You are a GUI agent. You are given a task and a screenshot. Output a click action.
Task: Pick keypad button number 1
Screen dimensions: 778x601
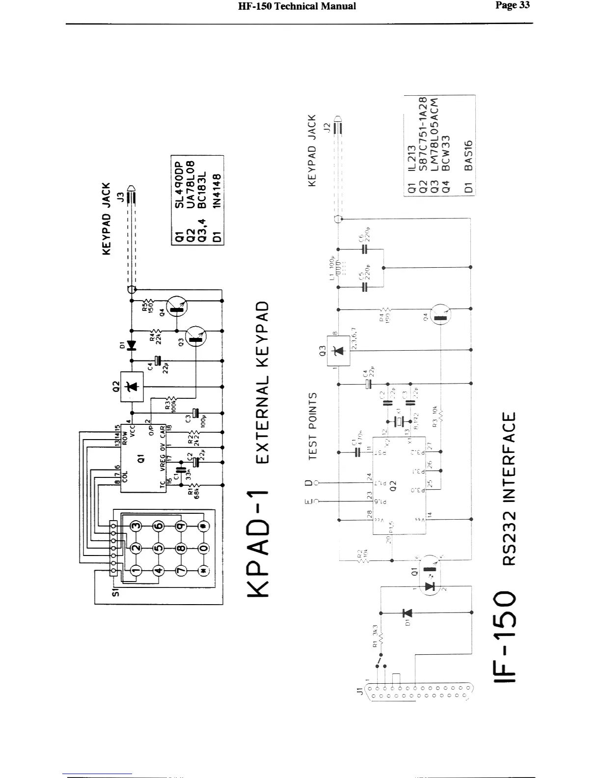pos(135,570)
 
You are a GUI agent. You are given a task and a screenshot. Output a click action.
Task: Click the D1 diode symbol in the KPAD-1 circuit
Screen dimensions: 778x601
pos(131,346)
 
